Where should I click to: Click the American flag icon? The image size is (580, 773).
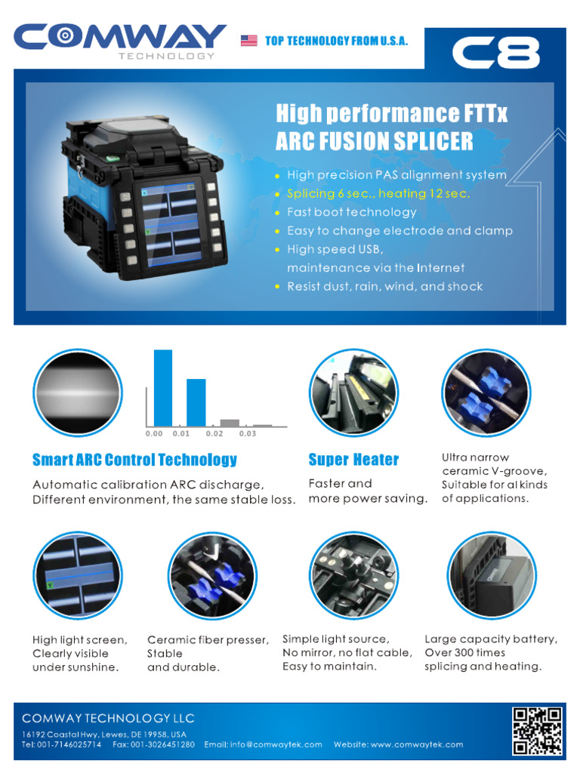click(248, 41)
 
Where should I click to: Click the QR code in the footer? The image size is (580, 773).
click(537, 731)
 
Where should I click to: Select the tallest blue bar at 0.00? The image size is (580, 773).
click(163, 388)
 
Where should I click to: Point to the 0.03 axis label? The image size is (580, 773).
click(248, 434)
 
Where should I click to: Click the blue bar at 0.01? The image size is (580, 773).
click(196, 402)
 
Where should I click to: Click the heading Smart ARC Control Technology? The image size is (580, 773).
click(134, 460)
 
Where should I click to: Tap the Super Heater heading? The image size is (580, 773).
click(353, 460)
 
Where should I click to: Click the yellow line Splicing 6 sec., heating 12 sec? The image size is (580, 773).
click(378, 194)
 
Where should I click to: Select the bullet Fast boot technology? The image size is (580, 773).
click(352, 212)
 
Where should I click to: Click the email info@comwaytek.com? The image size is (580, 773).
click(276, 744)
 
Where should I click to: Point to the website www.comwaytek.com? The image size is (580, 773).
click(417, 744)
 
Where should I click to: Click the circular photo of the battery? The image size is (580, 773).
click(492, 575)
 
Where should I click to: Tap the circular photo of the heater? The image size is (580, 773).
click(353, 393)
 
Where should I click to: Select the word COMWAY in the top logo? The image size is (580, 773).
click(120, 36)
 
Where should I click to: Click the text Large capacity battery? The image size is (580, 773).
click(491, 639)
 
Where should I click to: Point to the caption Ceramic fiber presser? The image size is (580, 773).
click(208, 640)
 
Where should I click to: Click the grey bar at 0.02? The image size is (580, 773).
click(230, 423)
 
